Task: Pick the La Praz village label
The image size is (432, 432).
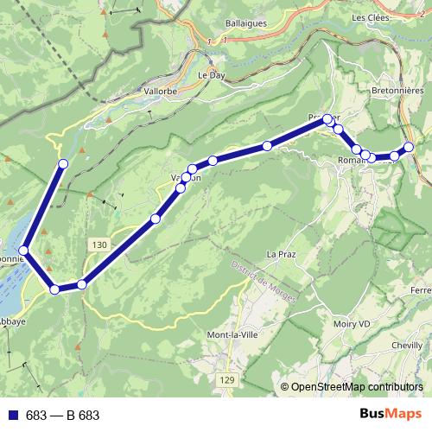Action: (282, 254)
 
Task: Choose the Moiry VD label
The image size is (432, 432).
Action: (353, 325)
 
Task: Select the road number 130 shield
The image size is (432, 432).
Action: (98, 245)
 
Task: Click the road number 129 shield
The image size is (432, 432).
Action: (227, 380)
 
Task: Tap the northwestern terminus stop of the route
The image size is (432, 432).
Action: (62, 163)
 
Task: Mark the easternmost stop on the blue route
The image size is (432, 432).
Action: (410, 147)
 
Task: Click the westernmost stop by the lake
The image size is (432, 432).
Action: (23, 251)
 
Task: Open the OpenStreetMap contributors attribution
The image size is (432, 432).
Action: (357, 386)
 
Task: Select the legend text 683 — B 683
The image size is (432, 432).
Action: (62, 416)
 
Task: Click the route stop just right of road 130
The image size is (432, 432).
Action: (82, 283)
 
